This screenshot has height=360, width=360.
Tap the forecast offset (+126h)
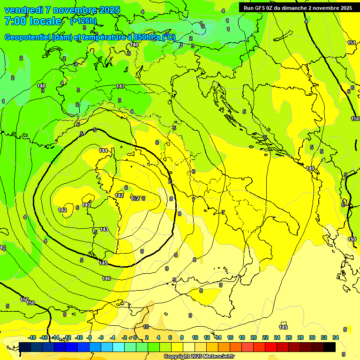pos(83,21)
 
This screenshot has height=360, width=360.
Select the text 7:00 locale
pos(32,21)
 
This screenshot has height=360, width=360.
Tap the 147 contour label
pos(120,86)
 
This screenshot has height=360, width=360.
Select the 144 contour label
pos(104,150)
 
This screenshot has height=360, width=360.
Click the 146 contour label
pos(106,278)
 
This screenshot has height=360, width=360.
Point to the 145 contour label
pos(104,263)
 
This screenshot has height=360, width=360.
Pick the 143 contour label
pos(104,229)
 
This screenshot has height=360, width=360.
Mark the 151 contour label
pos(352,43)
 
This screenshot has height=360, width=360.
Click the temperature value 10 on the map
pos(146,327)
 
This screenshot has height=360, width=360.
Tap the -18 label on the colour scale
pos(32,337)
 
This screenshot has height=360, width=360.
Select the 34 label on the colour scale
pos(336,337)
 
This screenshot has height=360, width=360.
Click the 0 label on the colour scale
pos(135,337)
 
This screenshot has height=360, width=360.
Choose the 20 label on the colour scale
pos(254,337)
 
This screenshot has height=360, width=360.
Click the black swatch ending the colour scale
pos(330,347)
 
